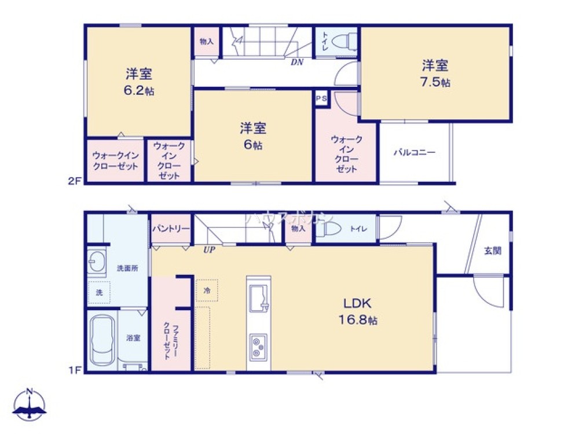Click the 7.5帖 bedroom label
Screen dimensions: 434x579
click(435, 73)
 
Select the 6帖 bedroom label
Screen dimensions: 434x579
click(253, 136)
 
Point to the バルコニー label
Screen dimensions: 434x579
click(414, 153)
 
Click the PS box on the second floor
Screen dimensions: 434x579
click(321, 99)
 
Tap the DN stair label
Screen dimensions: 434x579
click(297, 62)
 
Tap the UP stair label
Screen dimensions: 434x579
click(208, 250)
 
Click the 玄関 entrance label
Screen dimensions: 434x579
click(492, 251)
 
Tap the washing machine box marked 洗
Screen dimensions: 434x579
click(99, 293)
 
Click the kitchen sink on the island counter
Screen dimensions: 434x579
click(259, 298)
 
